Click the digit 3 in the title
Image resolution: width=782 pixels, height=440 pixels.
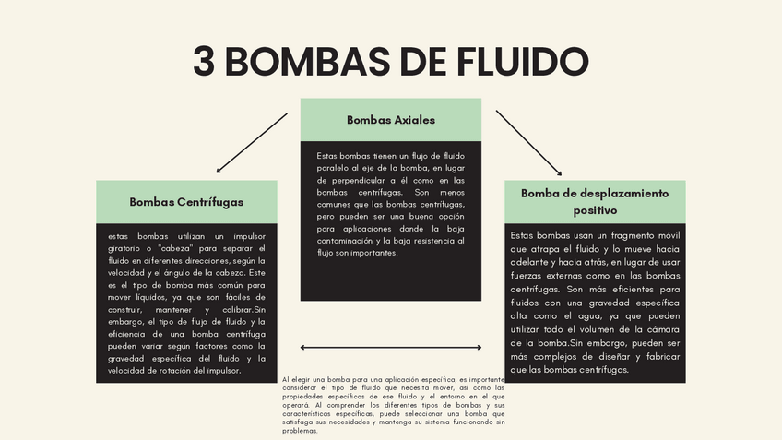pyautogui.click(x=206, y=62)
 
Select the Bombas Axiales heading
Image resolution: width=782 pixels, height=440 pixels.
pyautogui.click(x=391, y=120)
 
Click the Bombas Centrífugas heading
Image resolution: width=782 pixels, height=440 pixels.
pyautogui.click(x=186, y=201)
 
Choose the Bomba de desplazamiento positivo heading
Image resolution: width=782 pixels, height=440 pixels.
pyautogui.click(x=595, y=201)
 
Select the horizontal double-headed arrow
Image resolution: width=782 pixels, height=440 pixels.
pyautogui.click(x=391, y=347)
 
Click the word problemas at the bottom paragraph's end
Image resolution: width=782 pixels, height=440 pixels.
pyautogui.click(x=300, y=431)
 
